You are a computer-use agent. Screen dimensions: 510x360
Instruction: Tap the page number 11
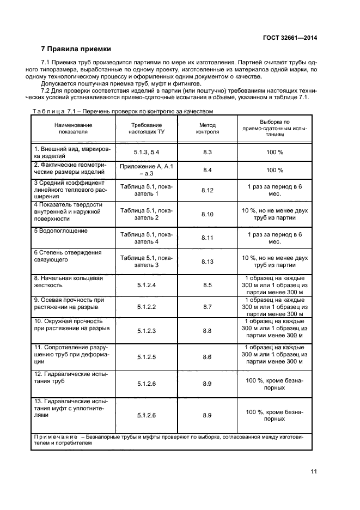[314, 471]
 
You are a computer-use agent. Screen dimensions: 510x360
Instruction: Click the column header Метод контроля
[207, 128]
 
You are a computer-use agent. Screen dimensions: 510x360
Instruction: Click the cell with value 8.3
[207, 153]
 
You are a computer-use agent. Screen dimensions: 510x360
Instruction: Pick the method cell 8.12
[207, 190]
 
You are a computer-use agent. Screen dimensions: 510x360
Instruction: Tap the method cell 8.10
[207, 214]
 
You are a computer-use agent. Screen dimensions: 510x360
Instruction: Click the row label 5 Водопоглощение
[61, 231]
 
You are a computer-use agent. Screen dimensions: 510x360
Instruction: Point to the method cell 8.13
[207, 262]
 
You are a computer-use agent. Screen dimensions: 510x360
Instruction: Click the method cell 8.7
[207, 307]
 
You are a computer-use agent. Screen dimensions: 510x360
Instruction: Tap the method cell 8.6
[207, 357]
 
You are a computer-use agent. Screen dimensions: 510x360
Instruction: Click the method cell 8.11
[207, 238]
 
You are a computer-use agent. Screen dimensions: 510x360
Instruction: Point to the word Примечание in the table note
[55, 436]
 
